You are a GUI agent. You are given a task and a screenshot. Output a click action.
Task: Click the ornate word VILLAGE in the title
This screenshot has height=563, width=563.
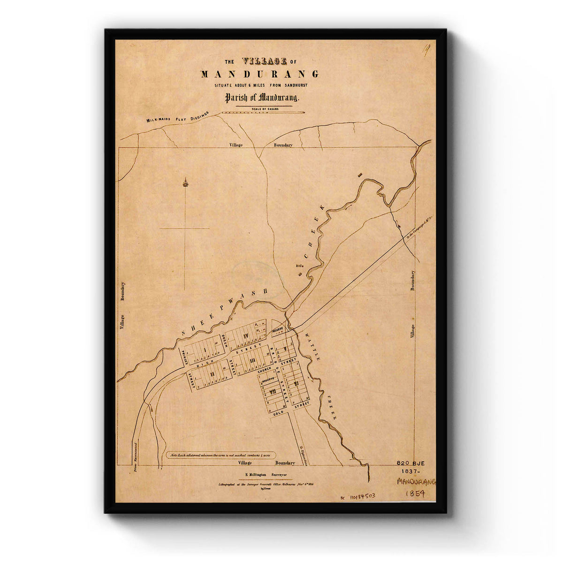point(264,61)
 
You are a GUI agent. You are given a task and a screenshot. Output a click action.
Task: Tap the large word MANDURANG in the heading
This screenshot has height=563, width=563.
point(259,74)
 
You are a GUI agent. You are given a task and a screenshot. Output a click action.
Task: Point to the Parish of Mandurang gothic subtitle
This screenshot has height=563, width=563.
point(259,99)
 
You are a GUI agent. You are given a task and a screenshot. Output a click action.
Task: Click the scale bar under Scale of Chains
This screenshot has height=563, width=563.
point(263,113)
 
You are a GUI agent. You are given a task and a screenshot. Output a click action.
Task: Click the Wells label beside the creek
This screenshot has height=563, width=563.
point(299,266)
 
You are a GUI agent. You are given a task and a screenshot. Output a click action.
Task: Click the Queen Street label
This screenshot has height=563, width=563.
point(225,340)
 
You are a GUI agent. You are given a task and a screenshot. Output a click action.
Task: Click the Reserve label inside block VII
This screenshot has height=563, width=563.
point(268,380)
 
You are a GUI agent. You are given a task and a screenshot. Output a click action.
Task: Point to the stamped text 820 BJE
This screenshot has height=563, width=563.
point(413,462)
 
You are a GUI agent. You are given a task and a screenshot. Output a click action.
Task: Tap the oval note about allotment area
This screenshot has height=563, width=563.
point(221,455)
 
